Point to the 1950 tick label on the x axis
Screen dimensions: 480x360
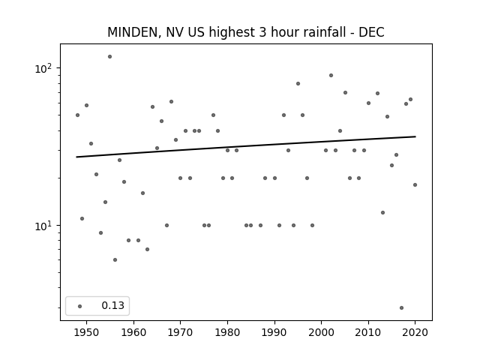pyautogui.click(x=87, y=332)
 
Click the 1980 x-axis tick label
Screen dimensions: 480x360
pyautogui.click(x=227, y=332)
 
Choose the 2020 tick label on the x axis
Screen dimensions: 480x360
pyautogui.click(x=415, y=332)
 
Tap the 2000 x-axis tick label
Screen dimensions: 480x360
pyautogui.click(x=322, y=332)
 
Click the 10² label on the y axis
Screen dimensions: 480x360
pyautogui.click(x=43, y=68)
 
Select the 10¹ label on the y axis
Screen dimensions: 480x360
pyautogui.click(x=43, y=226)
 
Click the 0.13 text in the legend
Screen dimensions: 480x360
pyautogui.click(x=113, y=305)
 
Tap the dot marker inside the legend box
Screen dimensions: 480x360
pyautogui.click(x=80, y=306)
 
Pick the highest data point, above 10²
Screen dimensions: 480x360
pyautogui.click(x=110, y=57)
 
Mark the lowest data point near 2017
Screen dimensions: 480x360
pyautogui.click(x=402, y=308)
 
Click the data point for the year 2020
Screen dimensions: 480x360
pyautogui.click(x=415, y=185)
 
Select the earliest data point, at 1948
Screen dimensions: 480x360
pyautogui.click(x=77, y=115)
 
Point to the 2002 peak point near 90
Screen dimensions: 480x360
pyautogui.click(x=331, y=75)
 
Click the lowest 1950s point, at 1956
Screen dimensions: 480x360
pyautogui.click(x=115, y=260)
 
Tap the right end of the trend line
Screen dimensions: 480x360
pyautogui.click(x=415, y=136)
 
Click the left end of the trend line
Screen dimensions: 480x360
pyautogui.click(x=76, y=157)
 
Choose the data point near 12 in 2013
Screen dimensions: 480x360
pyautogui.click(x=382, y=213)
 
